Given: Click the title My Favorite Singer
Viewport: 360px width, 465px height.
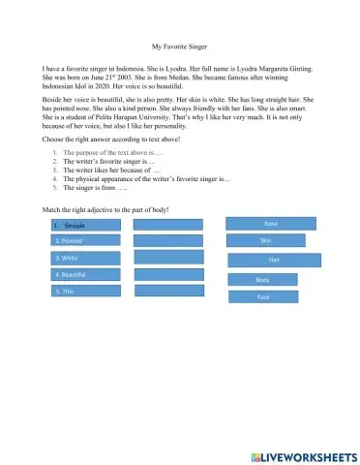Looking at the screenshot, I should [180, 46].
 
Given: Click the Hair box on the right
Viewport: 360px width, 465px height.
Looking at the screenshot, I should [274, 260].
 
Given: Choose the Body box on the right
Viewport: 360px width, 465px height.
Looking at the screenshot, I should [262, 280].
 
